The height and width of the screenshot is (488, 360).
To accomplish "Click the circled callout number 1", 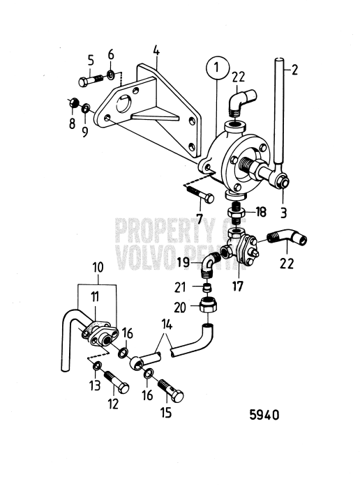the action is (218, 68).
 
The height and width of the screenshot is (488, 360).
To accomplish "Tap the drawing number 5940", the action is (264, 415).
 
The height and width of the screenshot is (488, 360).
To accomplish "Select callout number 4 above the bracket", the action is (156, 51).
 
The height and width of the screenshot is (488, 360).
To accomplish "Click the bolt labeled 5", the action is (91, 80).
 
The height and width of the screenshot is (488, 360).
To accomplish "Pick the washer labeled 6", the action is (110, 75).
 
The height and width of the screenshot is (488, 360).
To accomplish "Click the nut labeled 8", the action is (73, 102).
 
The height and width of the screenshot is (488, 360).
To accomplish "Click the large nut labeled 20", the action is (208, 305).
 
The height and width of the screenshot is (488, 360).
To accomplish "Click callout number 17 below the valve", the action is (237, 286).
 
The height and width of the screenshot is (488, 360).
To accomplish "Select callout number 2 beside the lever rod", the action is (294, 70).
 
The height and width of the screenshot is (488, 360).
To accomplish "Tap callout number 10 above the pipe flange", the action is (98, 268).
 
